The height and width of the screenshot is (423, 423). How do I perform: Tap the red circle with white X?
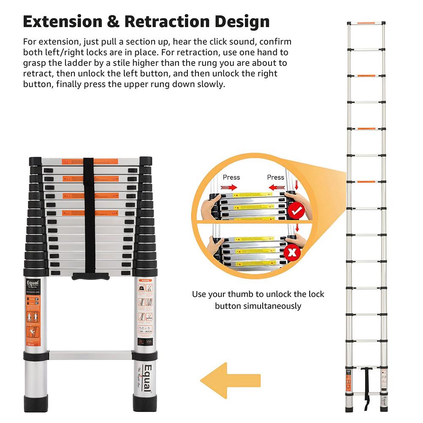pos(293,253)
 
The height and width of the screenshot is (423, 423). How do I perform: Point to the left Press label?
pos(231,177)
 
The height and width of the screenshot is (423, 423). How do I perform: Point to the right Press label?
pos(275,177)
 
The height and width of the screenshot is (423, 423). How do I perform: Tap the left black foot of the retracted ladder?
pos(37,404)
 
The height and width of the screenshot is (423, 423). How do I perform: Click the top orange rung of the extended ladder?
pos(366,23)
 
